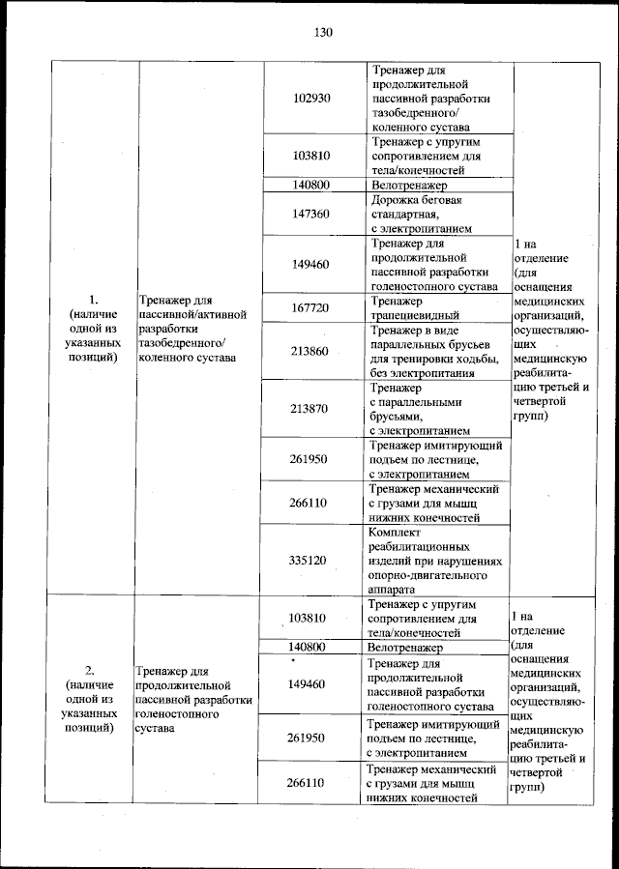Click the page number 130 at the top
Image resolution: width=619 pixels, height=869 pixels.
(322, 33)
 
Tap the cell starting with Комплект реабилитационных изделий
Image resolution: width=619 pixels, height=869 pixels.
(435, 559)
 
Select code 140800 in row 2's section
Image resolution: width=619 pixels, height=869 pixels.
(307, 647)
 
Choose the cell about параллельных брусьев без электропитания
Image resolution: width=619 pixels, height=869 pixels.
(434, 351)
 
